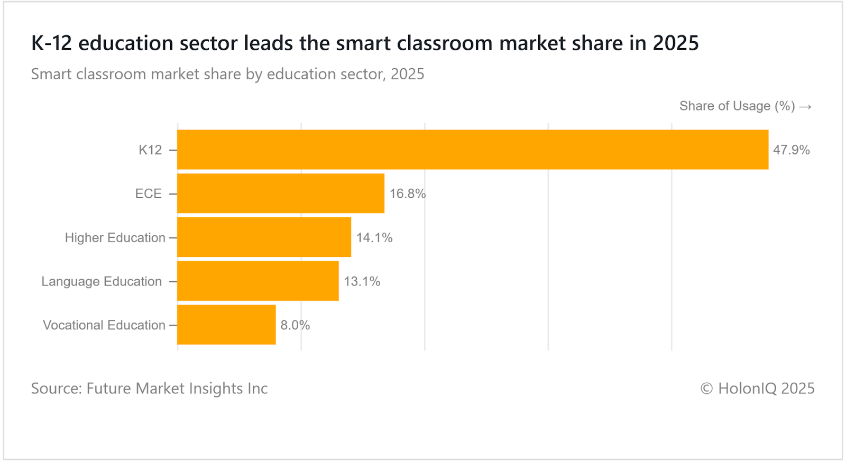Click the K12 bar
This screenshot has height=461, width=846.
coord(472,150)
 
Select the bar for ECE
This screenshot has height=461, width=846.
coord(281,193)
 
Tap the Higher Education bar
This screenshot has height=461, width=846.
coord(264,237)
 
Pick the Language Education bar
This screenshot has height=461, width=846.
coord(258,281)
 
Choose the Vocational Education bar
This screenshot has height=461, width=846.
coord(226,325)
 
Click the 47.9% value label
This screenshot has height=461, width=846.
coord(791,150)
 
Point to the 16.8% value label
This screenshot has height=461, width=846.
coord(407,194)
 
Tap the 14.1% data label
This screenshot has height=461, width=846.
coord(374,238)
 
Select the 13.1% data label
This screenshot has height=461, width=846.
coord(362,281)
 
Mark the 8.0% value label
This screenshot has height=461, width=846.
coord(295,325)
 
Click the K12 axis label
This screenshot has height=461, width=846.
coord(150,150)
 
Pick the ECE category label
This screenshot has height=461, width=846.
coord(148,194)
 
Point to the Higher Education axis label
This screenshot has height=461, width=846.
coord(115,238)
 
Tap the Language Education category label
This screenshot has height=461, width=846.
coord(102,281)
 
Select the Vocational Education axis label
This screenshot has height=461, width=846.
coord(104,325)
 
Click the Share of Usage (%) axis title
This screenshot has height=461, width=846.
coord(737,106)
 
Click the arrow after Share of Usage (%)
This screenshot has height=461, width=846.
coord(805,107)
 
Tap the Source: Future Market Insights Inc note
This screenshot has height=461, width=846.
coord(149,389)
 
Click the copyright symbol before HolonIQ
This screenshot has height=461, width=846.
coord(706,389)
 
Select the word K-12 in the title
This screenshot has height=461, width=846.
coord(51,43)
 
